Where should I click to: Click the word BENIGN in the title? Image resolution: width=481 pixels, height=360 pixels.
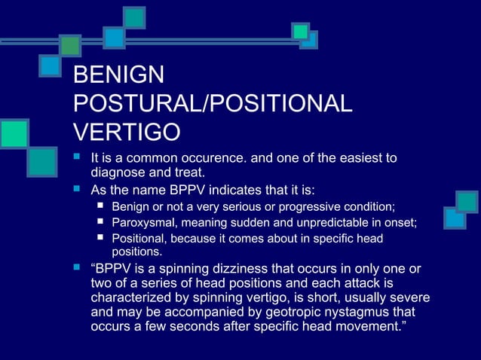click(118, 75)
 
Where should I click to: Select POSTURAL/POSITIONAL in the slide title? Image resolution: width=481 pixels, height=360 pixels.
click(212, 104)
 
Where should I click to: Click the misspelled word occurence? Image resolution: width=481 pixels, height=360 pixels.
click(195, 158)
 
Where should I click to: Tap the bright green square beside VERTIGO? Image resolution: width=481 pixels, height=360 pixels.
click(13, 133)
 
